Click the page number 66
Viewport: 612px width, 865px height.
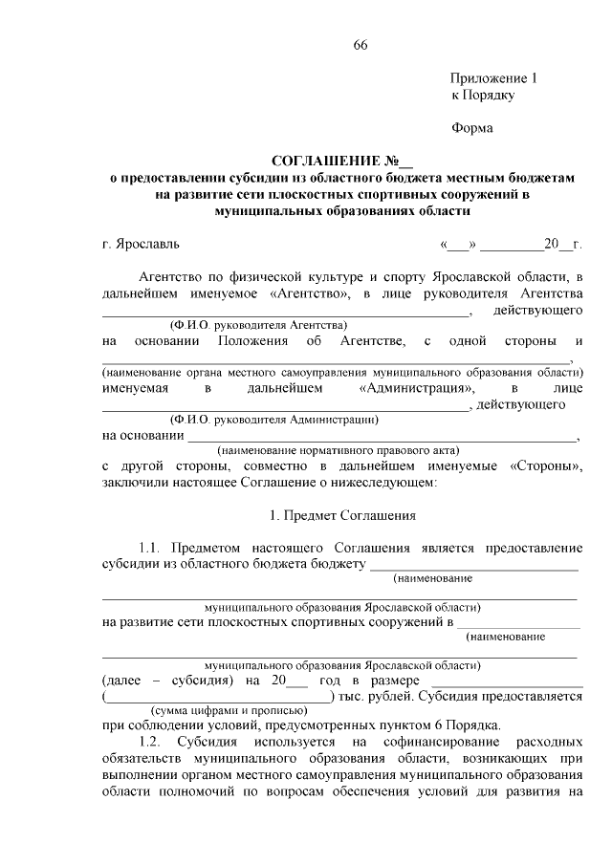[x=360, y=46]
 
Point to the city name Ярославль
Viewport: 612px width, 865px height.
[x=145, y=245]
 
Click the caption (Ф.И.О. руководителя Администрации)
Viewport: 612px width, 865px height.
[x=273, y=419]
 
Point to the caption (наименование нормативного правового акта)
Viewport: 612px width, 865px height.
[x=339, y=450]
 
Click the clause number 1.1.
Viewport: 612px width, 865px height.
[x=152, y=549]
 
